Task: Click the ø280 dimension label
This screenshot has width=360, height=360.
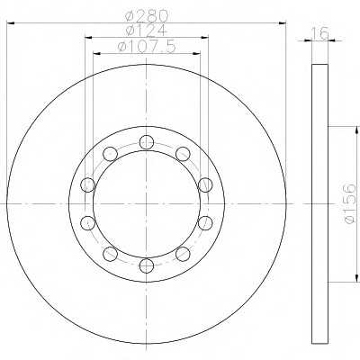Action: point(147,16)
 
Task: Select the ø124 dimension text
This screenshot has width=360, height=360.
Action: point(147,31)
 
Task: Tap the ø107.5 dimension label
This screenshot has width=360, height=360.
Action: point(147,47)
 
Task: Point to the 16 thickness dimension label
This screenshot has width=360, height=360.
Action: point(319,33)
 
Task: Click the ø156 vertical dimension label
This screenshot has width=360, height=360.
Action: point(349,204)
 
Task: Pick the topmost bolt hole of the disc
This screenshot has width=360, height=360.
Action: point(147,141)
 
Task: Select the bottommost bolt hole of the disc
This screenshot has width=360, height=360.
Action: point(147,265)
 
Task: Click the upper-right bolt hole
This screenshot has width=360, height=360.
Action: point(183,154)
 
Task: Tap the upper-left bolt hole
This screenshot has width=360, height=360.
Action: point(110,154)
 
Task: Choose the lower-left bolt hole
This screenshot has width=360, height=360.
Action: point(110,254)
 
